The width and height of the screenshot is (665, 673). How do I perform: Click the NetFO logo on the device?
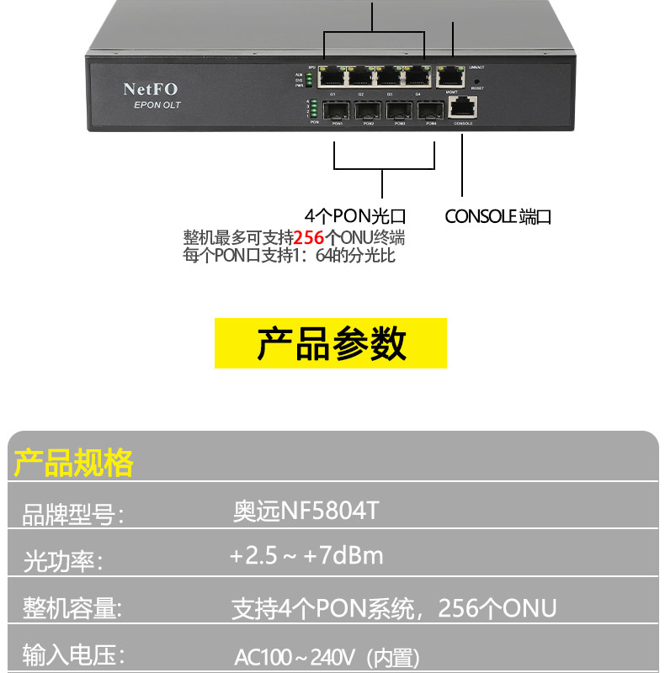pos(151,88)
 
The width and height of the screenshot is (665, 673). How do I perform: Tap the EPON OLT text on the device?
pos(157,105)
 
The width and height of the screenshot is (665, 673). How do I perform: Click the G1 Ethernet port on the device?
pos(332,77)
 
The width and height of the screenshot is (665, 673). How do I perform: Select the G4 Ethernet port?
pos(418,77)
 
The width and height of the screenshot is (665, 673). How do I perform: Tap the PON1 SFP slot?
pos(337,110)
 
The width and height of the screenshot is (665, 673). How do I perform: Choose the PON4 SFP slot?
pos(431,110)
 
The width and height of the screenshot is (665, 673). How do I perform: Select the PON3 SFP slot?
pos(400,110)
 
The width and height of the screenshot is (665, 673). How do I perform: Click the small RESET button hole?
pos(477,80)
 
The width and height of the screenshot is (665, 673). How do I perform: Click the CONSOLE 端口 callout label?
pos(497,216)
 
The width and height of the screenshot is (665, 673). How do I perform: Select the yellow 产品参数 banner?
pos(331,343)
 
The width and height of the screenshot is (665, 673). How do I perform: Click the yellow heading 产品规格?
pos(74,463)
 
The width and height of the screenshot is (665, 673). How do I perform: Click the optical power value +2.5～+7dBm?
pos(306,556)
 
